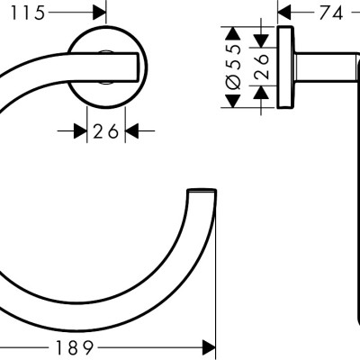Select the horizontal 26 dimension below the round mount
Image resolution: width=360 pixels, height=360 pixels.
[x=106, y=131]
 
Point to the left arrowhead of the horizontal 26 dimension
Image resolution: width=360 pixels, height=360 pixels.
[x=79, y=131]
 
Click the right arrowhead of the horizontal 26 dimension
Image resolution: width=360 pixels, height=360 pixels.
[x=131, y=131]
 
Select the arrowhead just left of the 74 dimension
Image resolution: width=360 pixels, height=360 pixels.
[x=283, y=13]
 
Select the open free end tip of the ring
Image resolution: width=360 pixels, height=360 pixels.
[x=202, y=193]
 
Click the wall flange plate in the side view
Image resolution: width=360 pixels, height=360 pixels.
[x=287, y=67]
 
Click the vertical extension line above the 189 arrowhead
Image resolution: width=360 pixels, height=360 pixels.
[x=216, y=270]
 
